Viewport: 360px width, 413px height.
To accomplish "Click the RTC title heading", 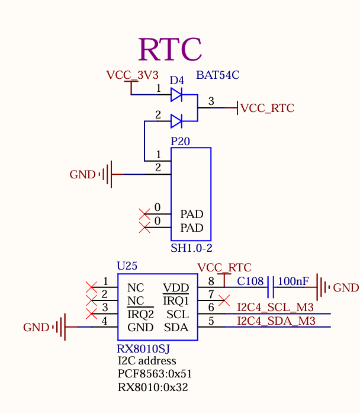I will click(170, 50).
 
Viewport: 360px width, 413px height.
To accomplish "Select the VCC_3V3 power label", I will click(132, 75).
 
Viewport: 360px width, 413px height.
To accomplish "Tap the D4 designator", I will click(177, 80).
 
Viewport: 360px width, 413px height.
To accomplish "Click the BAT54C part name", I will click(217, 75).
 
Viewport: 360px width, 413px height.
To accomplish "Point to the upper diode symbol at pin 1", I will click(176, 94).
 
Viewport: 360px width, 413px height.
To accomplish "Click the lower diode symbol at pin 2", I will click(176, 121).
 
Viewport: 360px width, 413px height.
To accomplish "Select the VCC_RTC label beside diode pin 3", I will click(267, 108).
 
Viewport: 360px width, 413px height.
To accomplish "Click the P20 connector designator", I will click(181, 142).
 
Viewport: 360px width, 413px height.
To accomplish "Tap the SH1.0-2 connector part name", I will click(191, 248).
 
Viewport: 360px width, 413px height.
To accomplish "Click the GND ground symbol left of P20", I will click(107, 174).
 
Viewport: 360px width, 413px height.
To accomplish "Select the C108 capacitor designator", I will click(250, 281).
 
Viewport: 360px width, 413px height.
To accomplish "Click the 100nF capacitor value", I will click(293, 281).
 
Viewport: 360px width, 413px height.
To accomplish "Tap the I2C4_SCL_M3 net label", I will click(275, 307).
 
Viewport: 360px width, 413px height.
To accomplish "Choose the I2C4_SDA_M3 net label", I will click(275, 321).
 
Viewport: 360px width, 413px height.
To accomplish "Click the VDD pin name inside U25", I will click(175, 288).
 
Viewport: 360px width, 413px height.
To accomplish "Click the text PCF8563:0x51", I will click(155, 374).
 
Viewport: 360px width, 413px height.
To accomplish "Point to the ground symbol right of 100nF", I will click(322, 287).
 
